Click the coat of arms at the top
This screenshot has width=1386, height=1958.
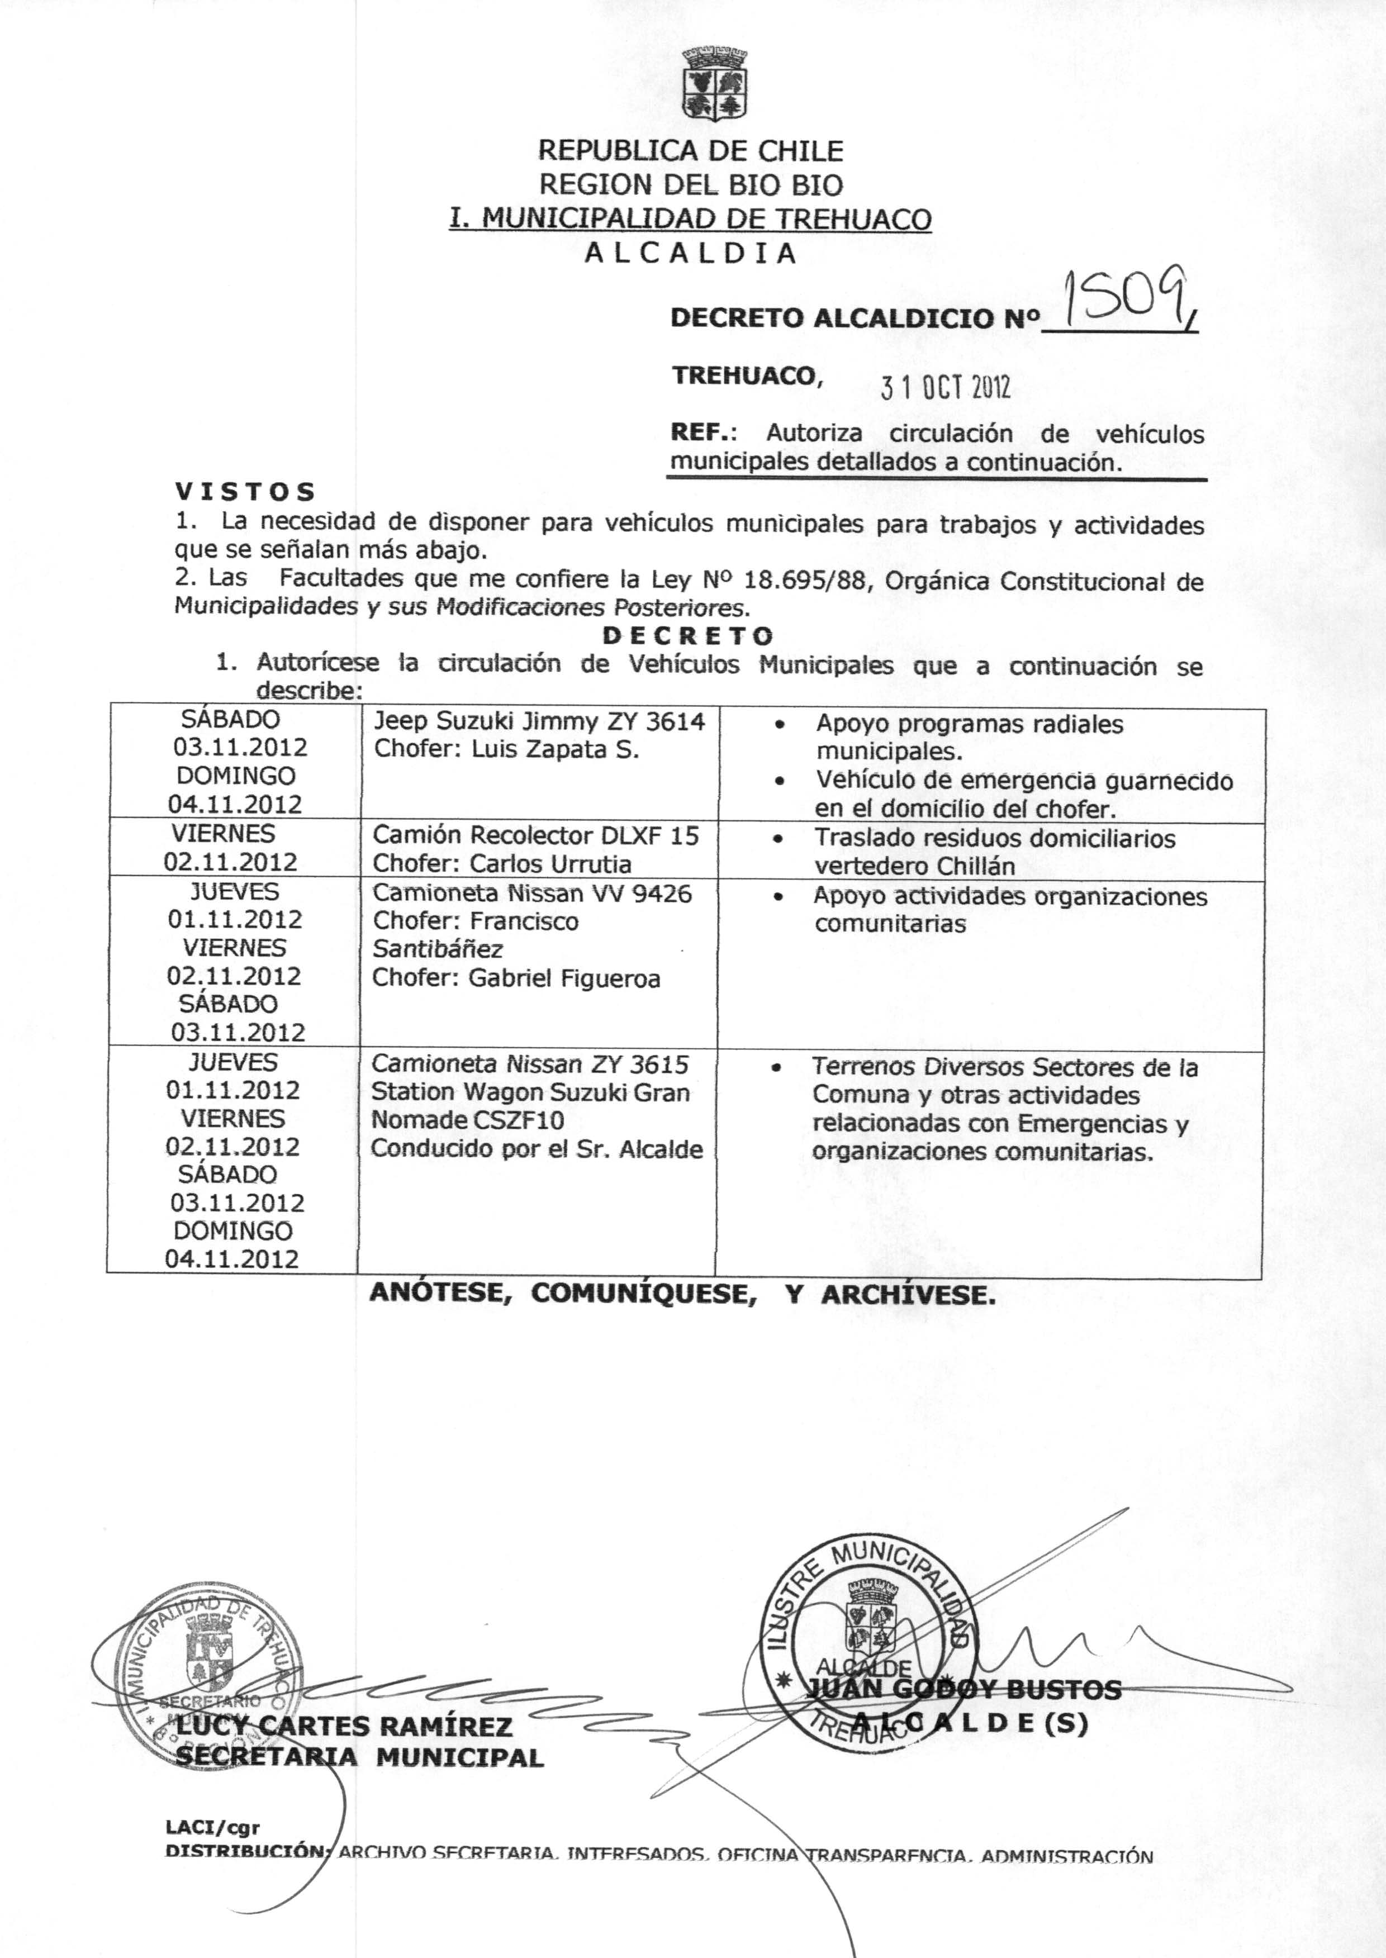[x=715, y=84]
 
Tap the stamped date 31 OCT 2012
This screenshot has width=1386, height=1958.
[x=946, y=388]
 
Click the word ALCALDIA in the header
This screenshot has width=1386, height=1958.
[x=690, y=253]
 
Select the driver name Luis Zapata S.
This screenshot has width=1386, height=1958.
[x=555, y=750]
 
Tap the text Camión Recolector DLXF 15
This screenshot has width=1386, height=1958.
[x=535, y=835]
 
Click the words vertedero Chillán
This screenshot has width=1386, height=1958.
[x=914, y=866]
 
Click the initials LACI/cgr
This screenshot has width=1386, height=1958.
[x=212, y=1827]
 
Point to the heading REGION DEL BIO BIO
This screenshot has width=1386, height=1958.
[x=690, y=184]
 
